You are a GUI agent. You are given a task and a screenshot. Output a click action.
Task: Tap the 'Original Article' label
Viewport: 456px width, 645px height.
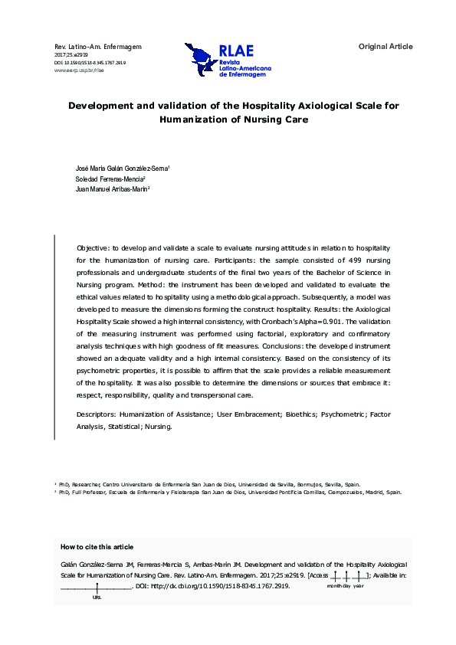click(385, 47)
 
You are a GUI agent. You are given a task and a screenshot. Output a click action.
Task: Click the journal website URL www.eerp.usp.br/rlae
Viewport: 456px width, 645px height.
click(79, 70)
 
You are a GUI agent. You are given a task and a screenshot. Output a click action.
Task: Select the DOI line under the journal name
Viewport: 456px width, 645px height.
click(90, 63)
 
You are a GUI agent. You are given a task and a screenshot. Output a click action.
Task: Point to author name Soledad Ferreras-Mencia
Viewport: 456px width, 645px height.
click(110, 178)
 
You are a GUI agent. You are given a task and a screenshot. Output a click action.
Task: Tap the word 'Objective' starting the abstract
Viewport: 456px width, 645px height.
click(93, 250)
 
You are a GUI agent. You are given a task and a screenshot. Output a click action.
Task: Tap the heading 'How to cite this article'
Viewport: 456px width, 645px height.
click(97, 546)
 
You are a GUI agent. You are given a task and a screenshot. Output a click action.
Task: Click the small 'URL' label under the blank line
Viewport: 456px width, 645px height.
click(97, 597)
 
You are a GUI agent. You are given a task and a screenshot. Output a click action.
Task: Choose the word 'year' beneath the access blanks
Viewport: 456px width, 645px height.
click(359, 585)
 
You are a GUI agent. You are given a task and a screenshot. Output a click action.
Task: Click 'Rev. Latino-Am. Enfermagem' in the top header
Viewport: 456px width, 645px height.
click(98, 47)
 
